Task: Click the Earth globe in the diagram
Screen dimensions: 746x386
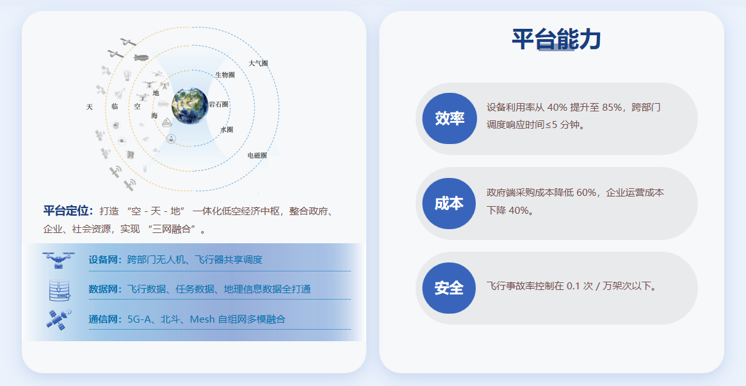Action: (x=190, y=106)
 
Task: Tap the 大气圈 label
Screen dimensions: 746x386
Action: (x=258, y=63)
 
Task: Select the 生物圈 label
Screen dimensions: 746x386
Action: (x=225, y=75)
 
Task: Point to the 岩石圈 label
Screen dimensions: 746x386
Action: (x=219, y=104)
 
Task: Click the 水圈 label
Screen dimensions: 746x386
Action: (x=227, y=129)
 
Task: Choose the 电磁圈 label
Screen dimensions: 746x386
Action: (x=257, y=156)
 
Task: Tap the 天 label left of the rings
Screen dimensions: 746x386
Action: (x=90, y=107)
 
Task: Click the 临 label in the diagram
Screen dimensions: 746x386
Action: (x=115, y=106)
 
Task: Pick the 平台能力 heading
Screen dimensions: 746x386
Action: (x=556, y=40)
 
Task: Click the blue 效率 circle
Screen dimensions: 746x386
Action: (x=450, y=118)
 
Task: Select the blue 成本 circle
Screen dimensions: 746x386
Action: (x=449, y=204)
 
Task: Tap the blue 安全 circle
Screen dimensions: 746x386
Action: (x=449, y=288)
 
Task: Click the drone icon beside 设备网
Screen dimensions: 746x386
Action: (x=58, y=260)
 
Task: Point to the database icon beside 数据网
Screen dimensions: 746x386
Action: (x=59, y=290)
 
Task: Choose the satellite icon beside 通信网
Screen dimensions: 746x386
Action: (x=59, y=319)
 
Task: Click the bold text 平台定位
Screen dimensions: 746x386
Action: (x=68, y=211)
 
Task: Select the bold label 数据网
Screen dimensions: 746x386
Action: (x=105, y=289)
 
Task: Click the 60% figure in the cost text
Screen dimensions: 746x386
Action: (x=586, y=193)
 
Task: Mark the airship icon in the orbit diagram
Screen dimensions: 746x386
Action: (x=141, y=58)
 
